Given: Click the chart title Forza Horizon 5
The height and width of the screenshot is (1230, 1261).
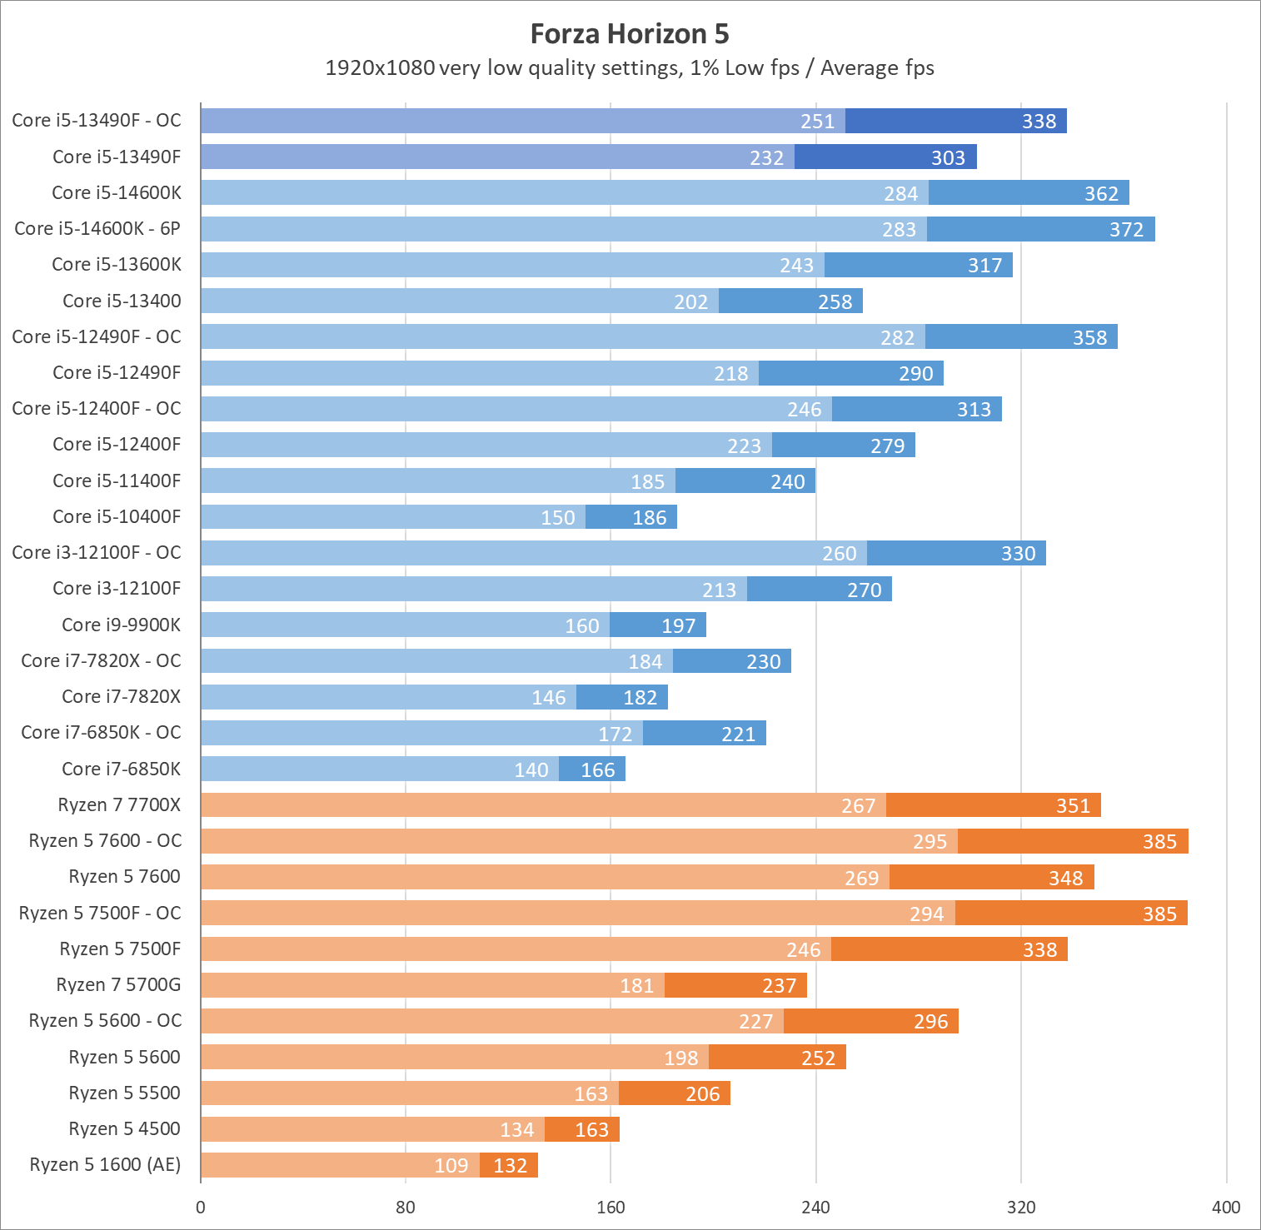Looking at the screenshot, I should pyautogui.click(x=630, y=33).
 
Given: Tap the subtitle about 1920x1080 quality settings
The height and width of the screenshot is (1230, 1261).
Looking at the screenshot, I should pyautogui.click(x=630, y=67).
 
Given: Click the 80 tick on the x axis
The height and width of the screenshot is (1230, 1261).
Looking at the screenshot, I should pyautogui.click(x=406, y=1208).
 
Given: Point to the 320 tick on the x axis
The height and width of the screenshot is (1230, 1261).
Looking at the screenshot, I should pyautogui.click(x=1021, y=1208).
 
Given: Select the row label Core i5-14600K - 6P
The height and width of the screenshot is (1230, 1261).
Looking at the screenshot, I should pyautogui.click(x=97, y=228).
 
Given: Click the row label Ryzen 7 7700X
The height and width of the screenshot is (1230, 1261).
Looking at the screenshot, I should pyautogui.click(x=119, y=804).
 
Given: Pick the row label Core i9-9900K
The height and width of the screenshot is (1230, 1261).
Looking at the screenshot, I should pyautogui.click(x=121, y=625).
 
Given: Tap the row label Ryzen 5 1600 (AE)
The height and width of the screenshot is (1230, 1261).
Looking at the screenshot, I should pyautogui.click(x=105, y=1164).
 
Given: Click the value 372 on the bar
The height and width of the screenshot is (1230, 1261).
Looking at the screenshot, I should pyautogui.click(x=1126, y=229).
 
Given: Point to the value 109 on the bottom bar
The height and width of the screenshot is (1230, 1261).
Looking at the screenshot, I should pyautogui.click(x=451, y=1165).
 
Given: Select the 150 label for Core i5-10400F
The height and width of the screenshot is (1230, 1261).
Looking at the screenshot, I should pyautogui.click(x=558, y=517).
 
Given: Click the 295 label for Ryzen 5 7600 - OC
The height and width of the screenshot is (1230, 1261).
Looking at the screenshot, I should pyautogui.click(x=930, y=841).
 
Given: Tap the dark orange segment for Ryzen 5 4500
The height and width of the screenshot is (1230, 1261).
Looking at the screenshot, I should pyautogui.click(x=582, y=1129).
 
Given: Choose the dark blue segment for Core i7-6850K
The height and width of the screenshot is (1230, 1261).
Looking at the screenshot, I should pyautogui.click(x=591, y=769).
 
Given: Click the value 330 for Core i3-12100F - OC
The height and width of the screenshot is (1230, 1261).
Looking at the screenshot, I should pyautogui.click(x=1018, y=553).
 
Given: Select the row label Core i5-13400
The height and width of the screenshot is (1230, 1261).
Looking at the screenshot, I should pyautogui.click(x=122, y=301).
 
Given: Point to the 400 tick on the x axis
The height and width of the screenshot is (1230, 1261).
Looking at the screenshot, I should pyautogui.click(x=1226, y=1208).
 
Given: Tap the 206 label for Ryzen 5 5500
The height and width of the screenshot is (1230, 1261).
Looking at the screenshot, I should pyautogui.click(x=702, y=1093).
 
